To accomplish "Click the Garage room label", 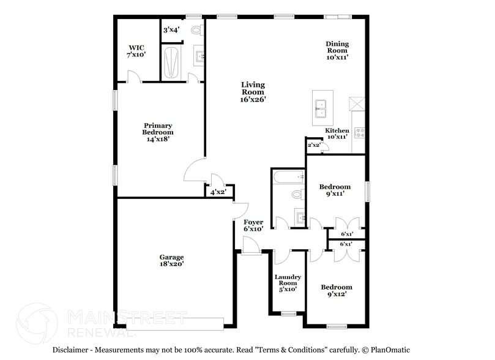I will (171, 261).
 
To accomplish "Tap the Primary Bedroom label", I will (158, 132).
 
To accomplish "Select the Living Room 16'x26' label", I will (253, 92).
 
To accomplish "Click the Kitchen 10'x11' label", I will (337, 133).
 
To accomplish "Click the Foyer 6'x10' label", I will (253, 225).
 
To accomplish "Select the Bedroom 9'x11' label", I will (335, 190).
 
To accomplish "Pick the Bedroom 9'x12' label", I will (337, 290).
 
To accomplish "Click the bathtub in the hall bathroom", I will (288, 178).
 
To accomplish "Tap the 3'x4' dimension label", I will (171, 29).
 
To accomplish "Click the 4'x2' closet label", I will (218, 192).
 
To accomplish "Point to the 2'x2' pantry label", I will (313, 145).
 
